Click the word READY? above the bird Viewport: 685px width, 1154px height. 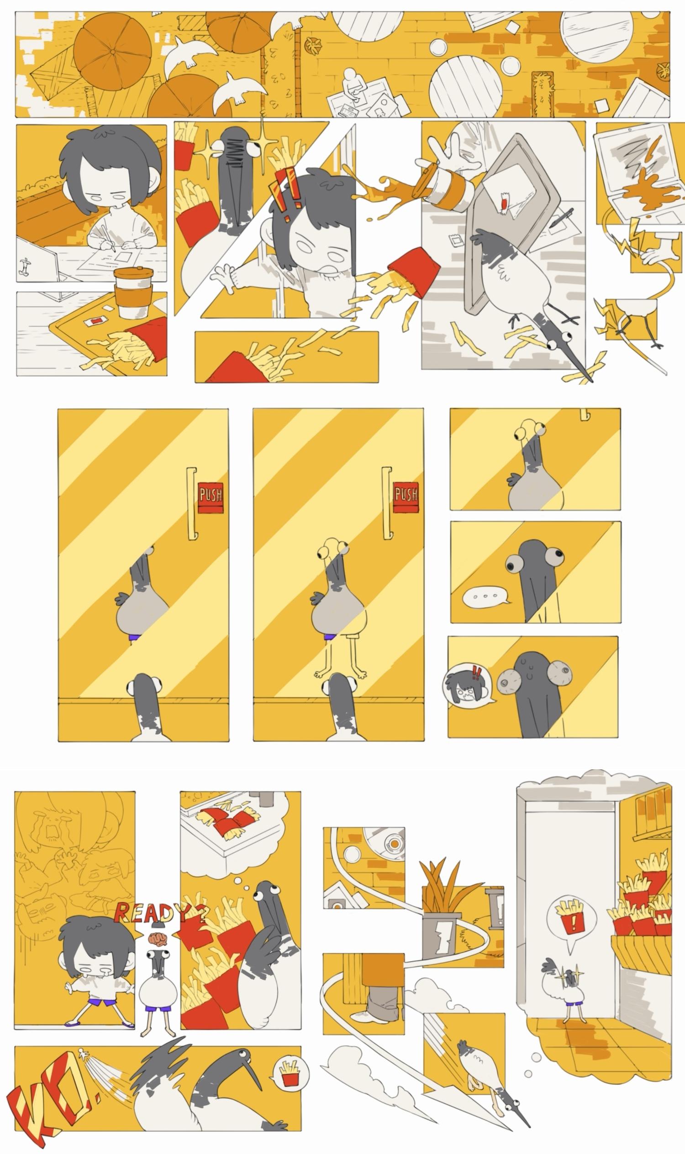[x=161, y=912]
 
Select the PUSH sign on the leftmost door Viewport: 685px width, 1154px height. [x=211, y=498]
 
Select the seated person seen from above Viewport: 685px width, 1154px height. [x=353, y=85]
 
